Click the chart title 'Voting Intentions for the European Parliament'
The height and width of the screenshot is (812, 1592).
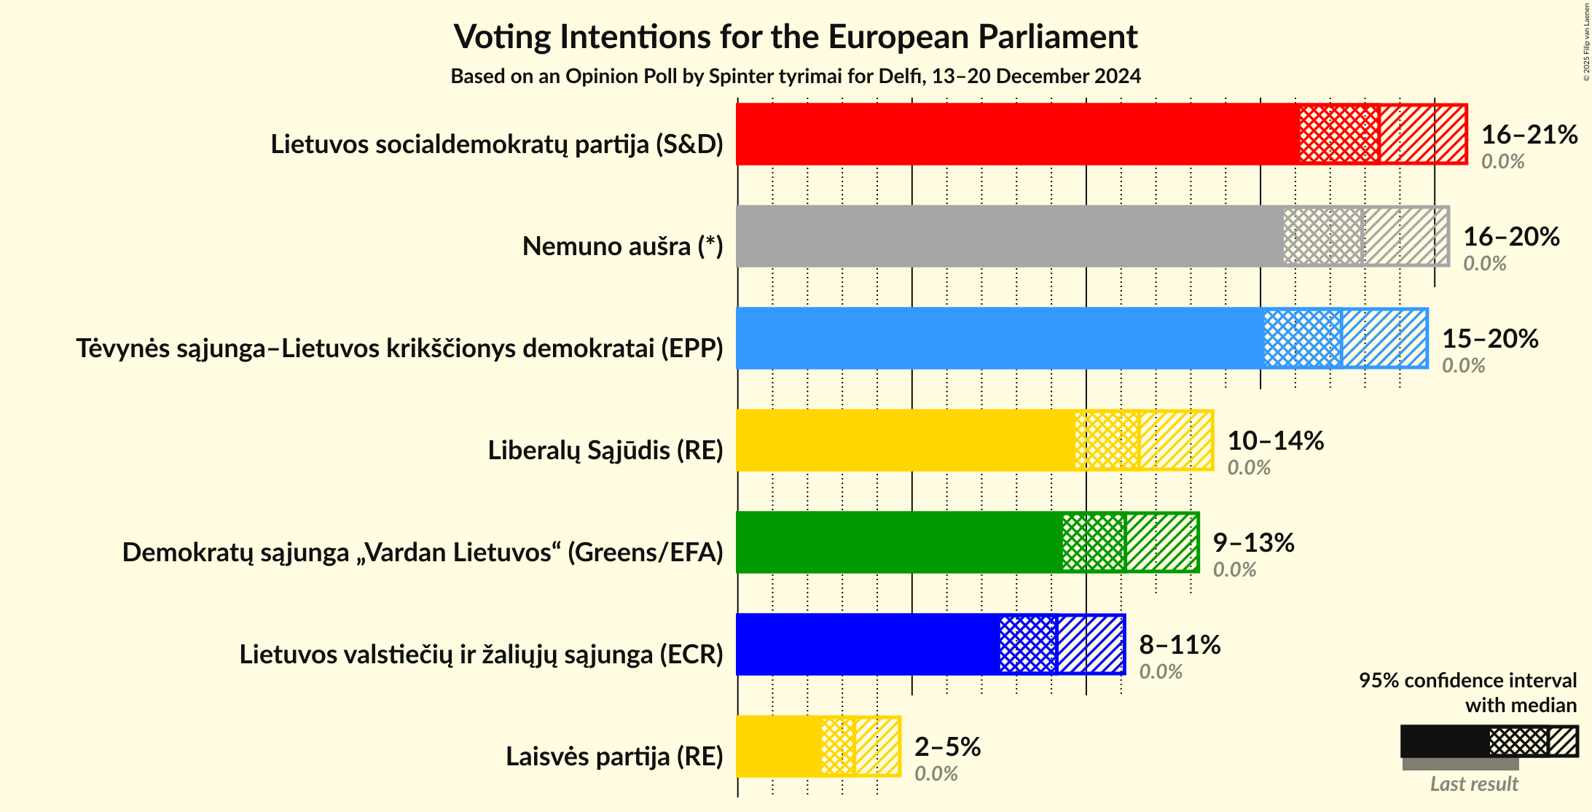pos(796,36)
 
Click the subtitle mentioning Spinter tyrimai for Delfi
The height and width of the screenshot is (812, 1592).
pos(796,76)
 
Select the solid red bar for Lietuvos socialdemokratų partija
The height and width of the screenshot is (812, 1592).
pos(1017,134)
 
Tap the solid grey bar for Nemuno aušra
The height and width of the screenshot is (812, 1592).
pos(1009,236)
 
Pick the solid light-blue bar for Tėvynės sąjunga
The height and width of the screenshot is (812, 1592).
pos(999,338)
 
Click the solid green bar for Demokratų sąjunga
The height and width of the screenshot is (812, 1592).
pos(898,542)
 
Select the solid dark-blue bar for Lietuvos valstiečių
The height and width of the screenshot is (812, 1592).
pos(867,644)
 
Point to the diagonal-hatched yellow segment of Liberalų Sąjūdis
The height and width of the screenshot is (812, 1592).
pos(1176,440)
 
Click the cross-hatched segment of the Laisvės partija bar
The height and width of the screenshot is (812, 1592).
pos(837,746)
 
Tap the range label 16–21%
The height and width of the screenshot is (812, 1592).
pos(1529,134)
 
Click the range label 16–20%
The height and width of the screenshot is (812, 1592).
pos(1511,236)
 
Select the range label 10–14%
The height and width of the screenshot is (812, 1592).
pos(1275,440)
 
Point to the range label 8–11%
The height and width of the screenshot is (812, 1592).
pos(1180,644)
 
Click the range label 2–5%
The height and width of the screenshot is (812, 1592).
pos(947,746)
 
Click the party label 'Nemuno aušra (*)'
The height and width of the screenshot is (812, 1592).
pos(622,246)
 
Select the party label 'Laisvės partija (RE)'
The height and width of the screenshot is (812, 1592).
pos(614,757)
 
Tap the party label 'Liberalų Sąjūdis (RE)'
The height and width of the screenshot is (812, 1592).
pos(605,450)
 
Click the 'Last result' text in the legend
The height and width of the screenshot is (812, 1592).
pos(1473,784)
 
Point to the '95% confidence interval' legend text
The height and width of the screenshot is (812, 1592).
pos(1467,680)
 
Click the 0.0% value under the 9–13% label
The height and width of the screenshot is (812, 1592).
pos(1234,569)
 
